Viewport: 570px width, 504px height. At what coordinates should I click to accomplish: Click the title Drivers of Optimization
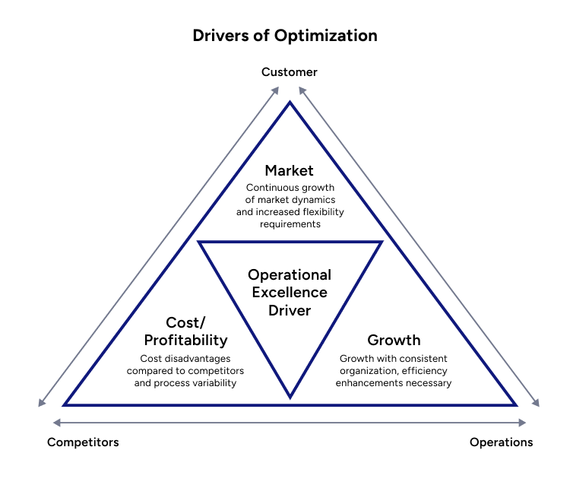(284, 36)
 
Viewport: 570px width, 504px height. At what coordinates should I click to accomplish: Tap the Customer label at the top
(289, 72)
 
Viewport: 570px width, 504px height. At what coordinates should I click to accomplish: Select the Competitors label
(83, 442)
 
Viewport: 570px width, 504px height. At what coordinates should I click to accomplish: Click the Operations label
(501, 442)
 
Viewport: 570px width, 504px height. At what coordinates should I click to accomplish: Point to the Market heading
(289, 170)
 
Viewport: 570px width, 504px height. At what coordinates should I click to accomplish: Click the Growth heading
(394, 340)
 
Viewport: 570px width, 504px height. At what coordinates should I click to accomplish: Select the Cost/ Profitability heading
(185, 331)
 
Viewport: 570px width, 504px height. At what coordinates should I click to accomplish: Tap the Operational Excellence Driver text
(290, 292)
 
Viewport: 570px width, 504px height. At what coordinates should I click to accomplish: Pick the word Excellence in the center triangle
(290, 292)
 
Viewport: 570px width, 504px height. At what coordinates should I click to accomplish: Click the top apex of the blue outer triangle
(289, 103)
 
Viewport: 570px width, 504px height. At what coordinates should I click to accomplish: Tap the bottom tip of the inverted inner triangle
(290, 396)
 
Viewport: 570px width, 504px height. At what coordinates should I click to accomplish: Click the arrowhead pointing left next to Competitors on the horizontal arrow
(56, 422)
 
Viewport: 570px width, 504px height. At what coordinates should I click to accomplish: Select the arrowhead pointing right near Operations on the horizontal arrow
(523, 422)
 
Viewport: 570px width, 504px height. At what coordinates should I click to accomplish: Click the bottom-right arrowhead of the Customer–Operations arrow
(537, 404)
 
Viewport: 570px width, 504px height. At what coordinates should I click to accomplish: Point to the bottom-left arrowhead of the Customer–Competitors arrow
(41, 404)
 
